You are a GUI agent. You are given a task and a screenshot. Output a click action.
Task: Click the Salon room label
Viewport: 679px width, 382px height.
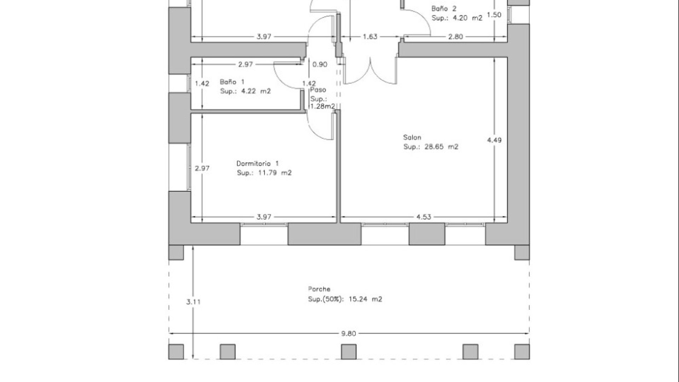pyautogui.click(x=412, y=137)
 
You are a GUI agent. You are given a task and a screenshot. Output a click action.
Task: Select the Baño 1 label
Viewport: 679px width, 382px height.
pyautogui.click(x=232, y=82)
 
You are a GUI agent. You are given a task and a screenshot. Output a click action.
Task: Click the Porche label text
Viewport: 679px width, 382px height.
pyautogui.click(x=319, y=289)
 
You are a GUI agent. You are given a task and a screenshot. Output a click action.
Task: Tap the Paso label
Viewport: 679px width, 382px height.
pyautogui.click(x=318, y=90)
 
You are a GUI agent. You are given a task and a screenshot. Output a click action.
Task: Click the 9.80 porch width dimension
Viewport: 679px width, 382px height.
pyautogui.click(x=349, y=333)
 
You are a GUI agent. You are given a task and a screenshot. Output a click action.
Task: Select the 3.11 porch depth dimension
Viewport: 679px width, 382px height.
pyautogui.click(x=193, y=302)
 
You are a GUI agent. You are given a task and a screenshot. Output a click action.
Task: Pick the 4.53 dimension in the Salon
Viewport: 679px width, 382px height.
pyautogui.click(x=423, y=217)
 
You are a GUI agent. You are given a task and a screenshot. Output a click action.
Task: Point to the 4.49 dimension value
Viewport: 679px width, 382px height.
pyautogui.click(x=494, y=140)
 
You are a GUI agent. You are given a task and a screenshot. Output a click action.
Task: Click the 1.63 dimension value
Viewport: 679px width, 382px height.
pyautogui.click(x=370, y=36)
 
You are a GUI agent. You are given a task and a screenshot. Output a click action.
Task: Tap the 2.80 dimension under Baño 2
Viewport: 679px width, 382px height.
pyautogui.click(x=455, y=36)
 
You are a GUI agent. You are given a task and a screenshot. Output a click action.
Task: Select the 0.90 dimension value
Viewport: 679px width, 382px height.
pyautogui.click(x=320, y=64)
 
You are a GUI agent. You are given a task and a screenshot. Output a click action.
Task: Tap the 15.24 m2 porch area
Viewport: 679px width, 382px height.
pyautogui.click(x=365, y=299)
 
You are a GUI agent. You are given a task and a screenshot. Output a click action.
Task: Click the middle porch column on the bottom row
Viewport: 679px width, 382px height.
pyautogui.click(x=349, y=352)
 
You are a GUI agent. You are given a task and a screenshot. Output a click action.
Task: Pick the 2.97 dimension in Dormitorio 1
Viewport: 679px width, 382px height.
pyautogui.click(x=202, y=168)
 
